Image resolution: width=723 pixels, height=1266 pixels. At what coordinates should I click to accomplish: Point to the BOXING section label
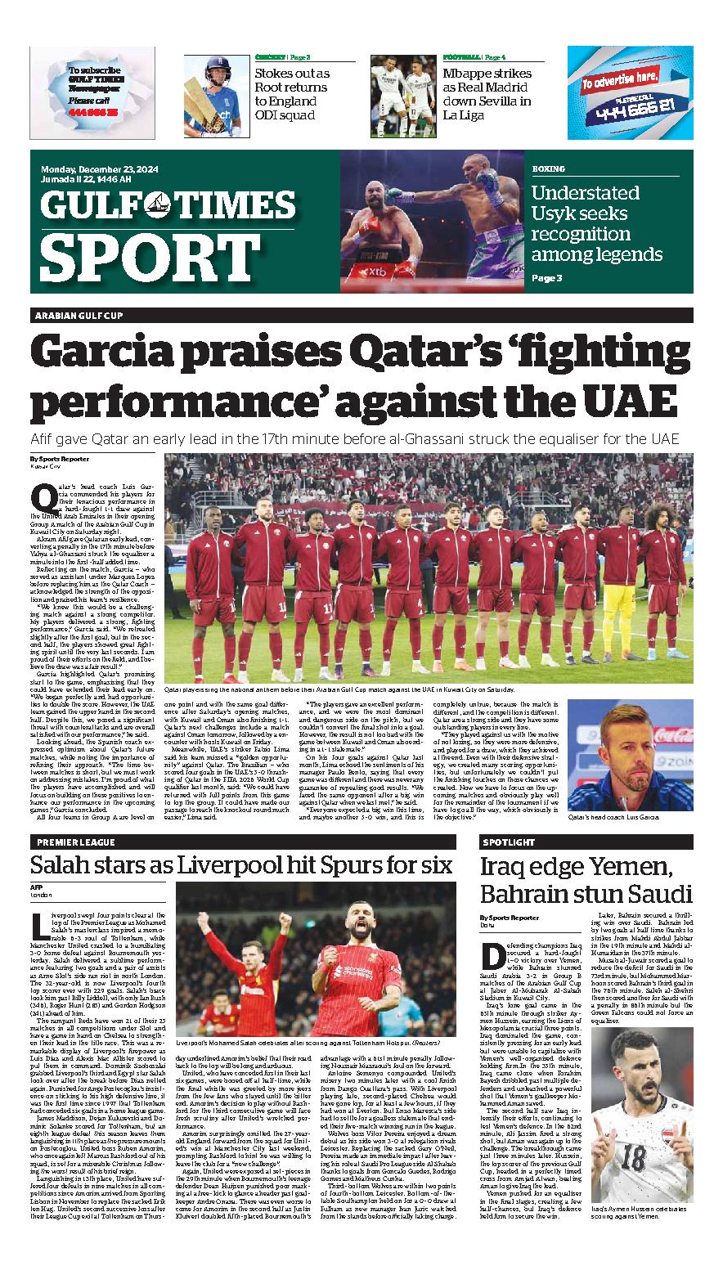click(548, 169)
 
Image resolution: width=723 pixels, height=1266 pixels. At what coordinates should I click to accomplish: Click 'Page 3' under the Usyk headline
click(547, 278)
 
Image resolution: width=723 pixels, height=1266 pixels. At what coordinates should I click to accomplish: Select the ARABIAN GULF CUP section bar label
click(79, 316)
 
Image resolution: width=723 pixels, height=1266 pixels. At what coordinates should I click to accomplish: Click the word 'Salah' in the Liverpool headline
click(64, 865)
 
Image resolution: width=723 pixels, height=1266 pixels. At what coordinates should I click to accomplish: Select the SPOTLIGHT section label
click(509, 842)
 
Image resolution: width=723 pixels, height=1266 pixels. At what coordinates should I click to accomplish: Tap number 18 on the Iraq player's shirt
click(632, 1158)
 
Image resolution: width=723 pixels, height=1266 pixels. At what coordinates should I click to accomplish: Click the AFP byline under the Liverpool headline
click(37, 887)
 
